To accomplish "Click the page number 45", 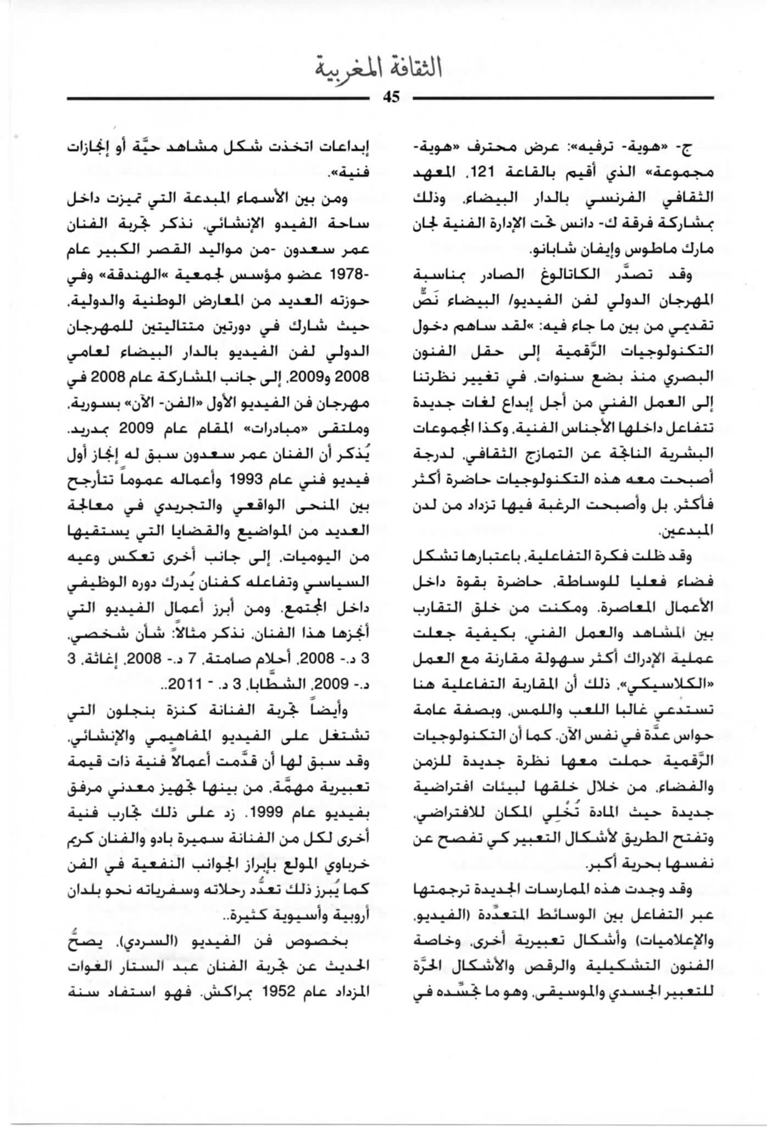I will pyautogui.click(x=391, y=98).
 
